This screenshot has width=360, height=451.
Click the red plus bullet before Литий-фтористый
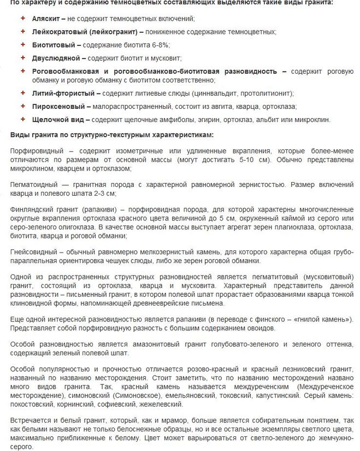tap(22, 93)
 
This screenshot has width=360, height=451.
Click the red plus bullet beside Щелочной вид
tap(22, 119)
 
